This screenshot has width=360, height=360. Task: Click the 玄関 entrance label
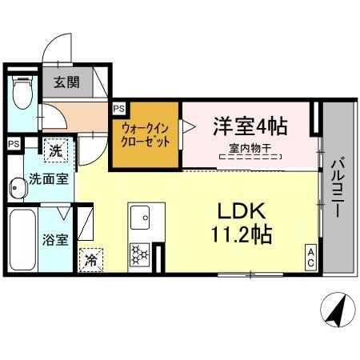pos(66,82)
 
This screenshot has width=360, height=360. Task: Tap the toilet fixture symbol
pos(22,92)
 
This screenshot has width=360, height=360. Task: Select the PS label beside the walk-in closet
pos(118,107)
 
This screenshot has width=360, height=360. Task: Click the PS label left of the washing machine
pos(13,143)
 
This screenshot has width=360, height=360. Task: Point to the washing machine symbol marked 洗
pos(56,150)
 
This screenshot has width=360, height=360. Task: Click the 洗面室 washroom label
pos(49,179)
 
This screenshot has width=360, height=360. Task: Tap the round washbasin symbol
pos(16,189)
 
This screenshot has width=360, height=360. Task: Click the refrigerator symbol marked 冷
pos(91,259)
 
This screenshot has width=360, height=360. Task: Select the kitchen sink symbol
pos(142,215)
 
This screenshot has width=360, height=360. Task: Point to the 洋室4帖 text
pos(250,127)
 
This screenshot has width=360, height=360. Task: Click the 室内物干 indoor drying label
pos(250,148)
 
